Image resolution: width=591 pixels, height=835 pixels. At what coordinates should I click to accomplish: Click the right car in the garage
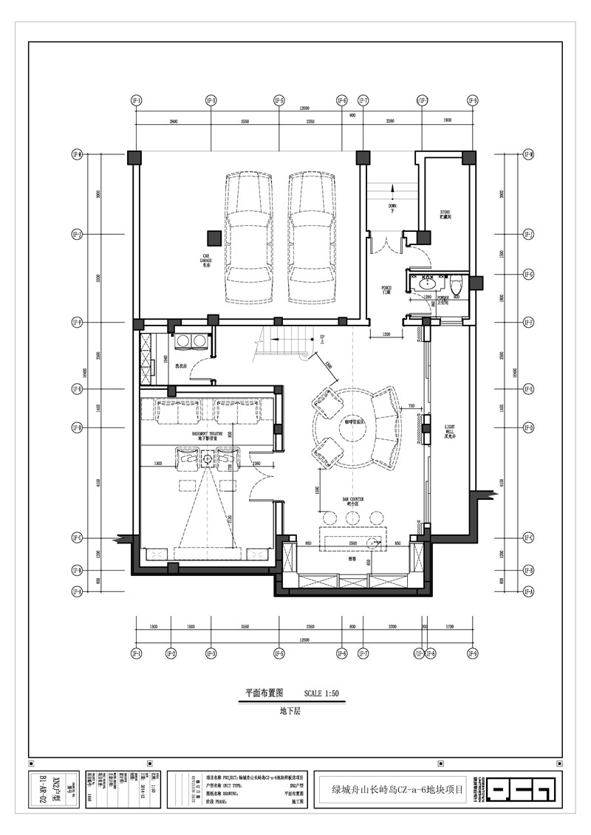click(x=314, y=238)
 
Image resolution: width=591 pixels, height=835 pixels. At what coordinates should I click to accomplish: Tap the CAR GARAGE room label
click(x=206, y=260)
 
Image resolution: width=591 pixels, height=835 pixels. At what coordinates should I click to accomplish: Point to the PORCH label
click(x=386, y=290)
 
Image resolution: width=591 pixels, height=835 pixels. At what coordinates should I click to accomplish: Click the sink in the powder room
click(x=428, y=283)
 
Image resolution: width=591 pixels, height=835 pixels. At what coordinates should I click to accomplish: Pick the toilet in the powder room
click(x=456, y=281)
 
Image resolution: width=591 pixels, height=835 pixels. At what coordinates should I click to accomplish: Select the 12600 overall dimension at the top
click(x=304, y=109)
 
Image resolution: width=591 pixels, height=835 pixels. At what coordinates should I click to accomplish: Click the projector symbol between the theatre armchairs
click(x=208, y=459)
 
